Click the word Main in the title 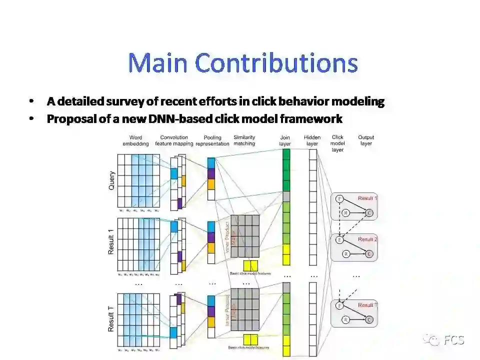coord(158,63)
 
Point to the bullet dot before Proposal coord(32,119)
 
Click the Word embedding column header coord(135,140)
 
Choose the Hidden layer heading coord(312,140)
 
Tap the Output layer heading coord(366,140)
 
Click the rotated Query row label coord(111,180)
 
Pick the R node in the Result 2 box coord(345,254)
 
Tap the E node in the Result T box coord(340,305)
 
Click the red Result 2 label coord(368,239)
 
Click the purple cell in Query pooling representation coord(211,173)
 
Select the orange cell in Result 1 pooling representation coord(211,247)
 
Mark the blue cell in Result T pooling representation coord(211,300)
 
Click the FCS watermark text coord(454,340)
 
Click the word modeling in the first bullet coord(359,101)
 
